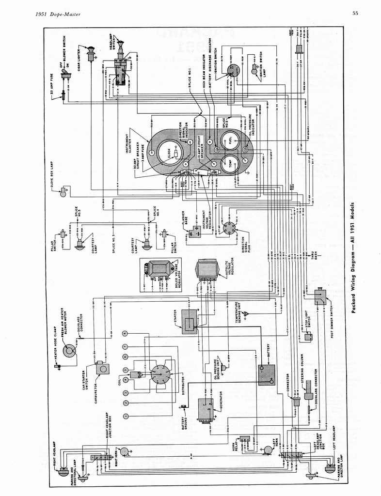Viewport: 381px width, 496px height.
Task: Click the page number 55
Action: coord(355,14)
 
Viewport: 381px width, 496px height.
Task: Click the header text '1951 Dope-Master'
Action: coord(58,14)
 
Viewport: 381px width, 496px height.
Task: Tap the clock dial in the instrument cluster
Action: coord(169,155)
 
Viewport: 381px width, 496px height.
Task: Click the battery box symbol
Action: coord(266,374)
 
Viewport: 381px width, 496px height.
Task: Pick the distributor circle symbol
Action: coord(160,374)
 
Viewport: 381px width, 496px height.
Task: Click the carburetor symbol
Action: coord(102,369)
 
